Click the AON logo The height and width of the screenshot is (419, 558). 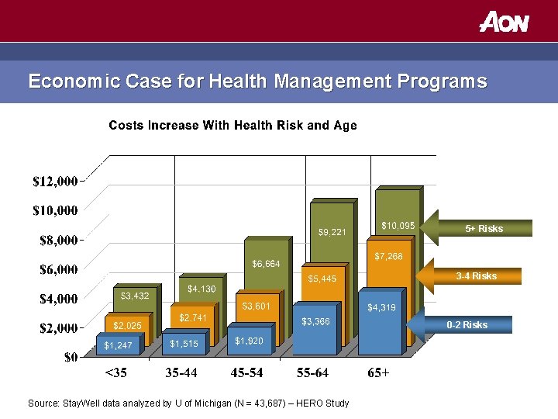tap(504, 21)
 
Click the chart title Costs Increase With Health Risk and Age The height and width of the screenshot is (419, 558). tap(232, 126)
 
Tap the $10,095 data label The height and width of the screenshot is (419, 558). tap(398, 226)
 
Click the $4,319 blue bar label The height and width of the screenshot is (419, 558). tap(381, 307)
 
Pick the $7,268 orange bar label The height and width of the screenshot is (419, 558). tap(388, 256)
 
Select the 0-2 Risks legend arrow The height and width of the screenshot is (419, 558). tap(468, 324)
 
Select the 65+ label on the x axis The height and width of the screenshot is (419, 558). tap(378, 373)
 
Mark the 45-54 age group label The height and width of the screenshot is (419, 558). tap(247, 373)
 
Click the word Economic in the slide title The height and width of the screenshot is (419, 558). tap(67, 81)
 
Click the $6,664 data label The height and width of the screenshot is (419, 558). tap(265, 264)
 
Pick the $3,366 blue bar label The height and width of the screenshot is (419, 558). tap(315, 321)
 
